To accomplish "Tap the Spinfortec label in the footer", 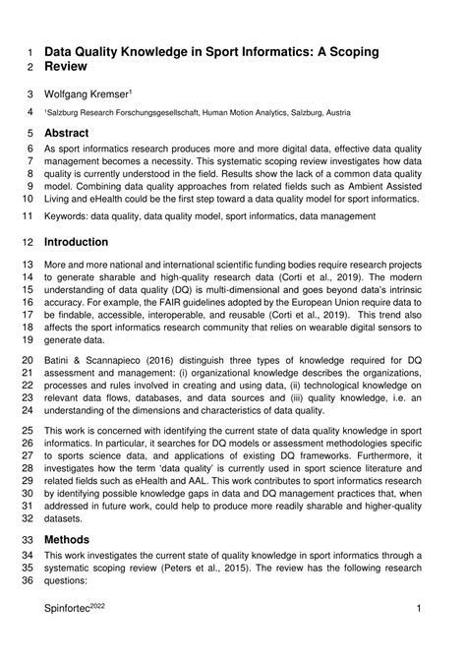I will [x=75, y=638].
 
